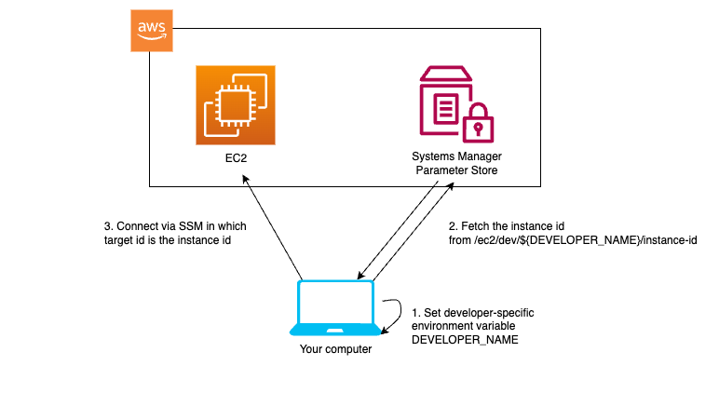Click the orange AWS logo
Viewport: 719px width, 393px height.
coord(152,31)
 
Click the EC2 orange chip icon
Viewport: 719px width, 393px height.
coord(236,105)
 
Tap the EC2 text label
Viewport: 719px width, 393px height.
coord(237,158)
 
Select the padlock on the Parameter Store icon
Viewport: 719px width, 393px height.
coord(479,123)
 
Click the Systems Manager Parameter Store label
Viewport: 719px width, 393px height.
coord(456,163)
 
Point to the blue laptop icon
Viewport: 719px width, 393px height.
coord(335,307)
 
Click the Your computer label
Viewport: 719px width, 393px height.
coord(335,349)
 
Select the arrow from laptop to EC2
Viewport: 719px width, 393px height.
coord(272,227)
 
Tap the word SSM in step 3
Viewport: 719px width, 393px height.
coord(191,226)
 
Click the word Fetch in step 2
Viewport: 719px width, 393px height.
coord(474,226)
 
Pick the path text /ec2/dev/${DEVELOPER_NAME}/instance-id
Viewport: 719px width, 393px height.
coord(586,240)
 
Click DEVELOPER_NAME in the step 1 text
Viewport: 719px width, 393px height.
coord(465,340)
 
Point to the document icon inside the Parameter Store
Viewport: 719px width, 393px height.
coord(446,109)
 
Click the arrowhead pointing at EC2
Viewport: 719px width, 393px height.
coord(245,179)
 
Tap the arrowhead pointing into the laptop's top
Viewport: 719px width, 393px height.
coord(360,275)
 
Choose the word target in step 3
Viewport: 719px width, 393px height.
coord(118,240)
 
